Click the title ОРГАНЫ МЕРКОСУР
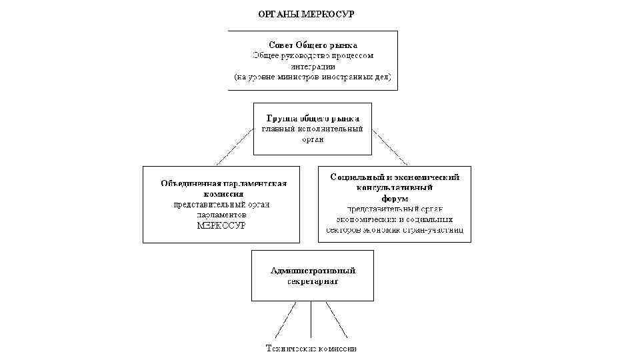(306, 13)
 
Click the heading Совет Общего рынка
(313, 45)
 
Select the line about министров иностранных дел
(313, 77)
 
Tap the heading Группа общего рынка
(313, 117)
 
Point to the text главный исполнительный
(313, 128)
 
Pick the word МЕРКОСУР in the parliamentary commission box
(221, 225)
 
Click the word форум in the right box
(395, 198)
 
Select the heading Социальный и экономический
(395, 177)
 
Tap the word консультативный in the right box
(395, 187)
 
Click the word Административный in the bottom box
(313, 271)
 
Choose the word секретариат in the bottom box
(313, 281)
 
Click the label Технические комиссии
(311, 348)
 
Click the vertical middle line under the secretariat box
(311, 319)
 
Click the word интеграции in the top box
(313, 66)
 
